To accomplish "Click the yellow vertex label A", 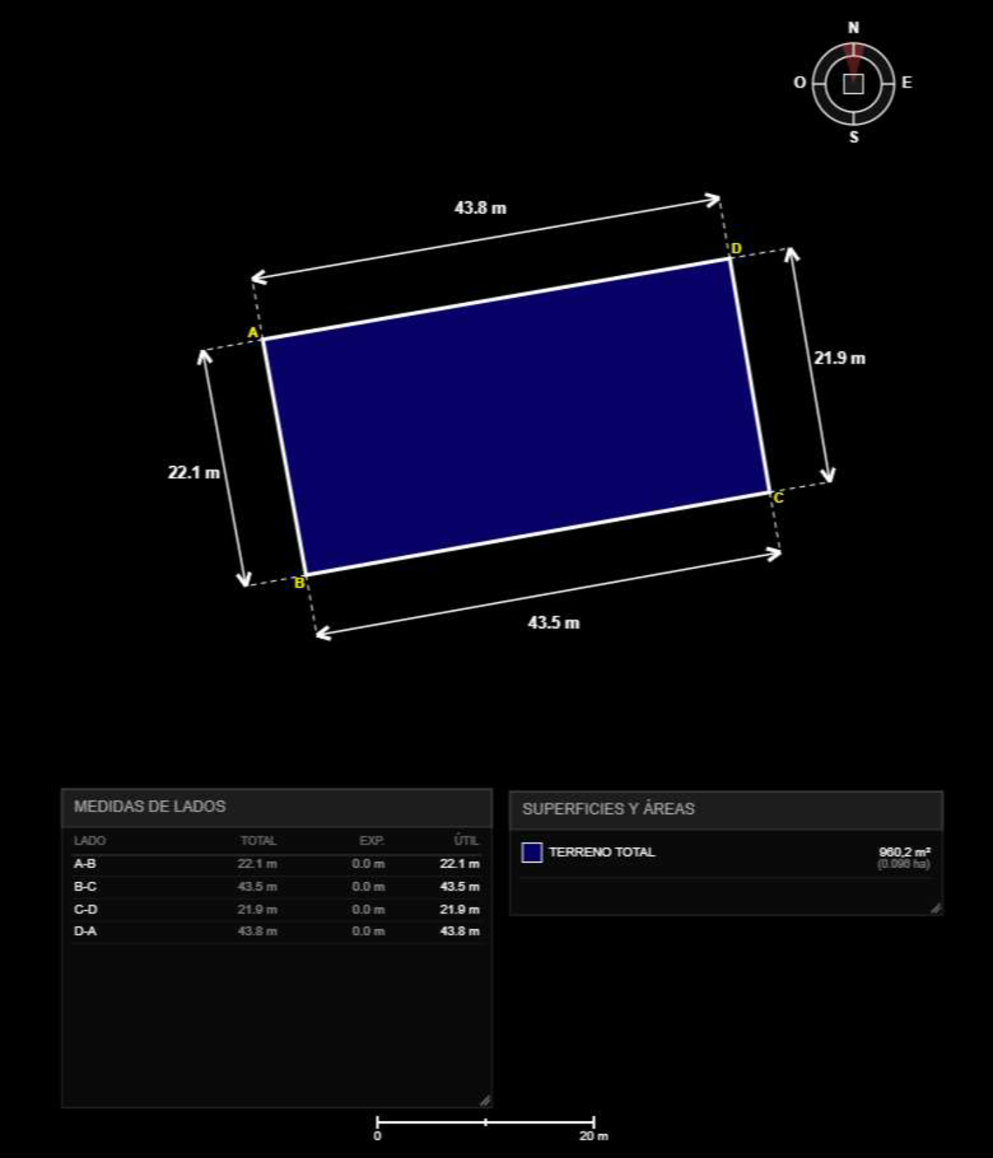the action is point(253,332).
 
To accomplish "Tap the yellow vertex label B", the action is point(299,583).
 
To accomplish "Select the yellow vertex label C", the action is point(778,498).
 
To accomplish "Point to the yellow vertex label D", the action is point(736,248).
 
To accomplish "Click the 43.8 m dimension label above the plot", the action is point(481,208).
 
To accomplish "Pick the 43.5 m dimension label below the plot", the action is point(554,623).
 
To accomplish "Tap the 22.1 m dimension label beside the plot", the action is point(194,472).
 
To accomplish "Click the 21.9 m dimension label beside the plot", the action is point(839,358).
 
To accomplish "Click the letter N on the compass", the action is point(853,28).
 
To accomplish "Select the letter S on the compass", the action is point(854,137).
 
